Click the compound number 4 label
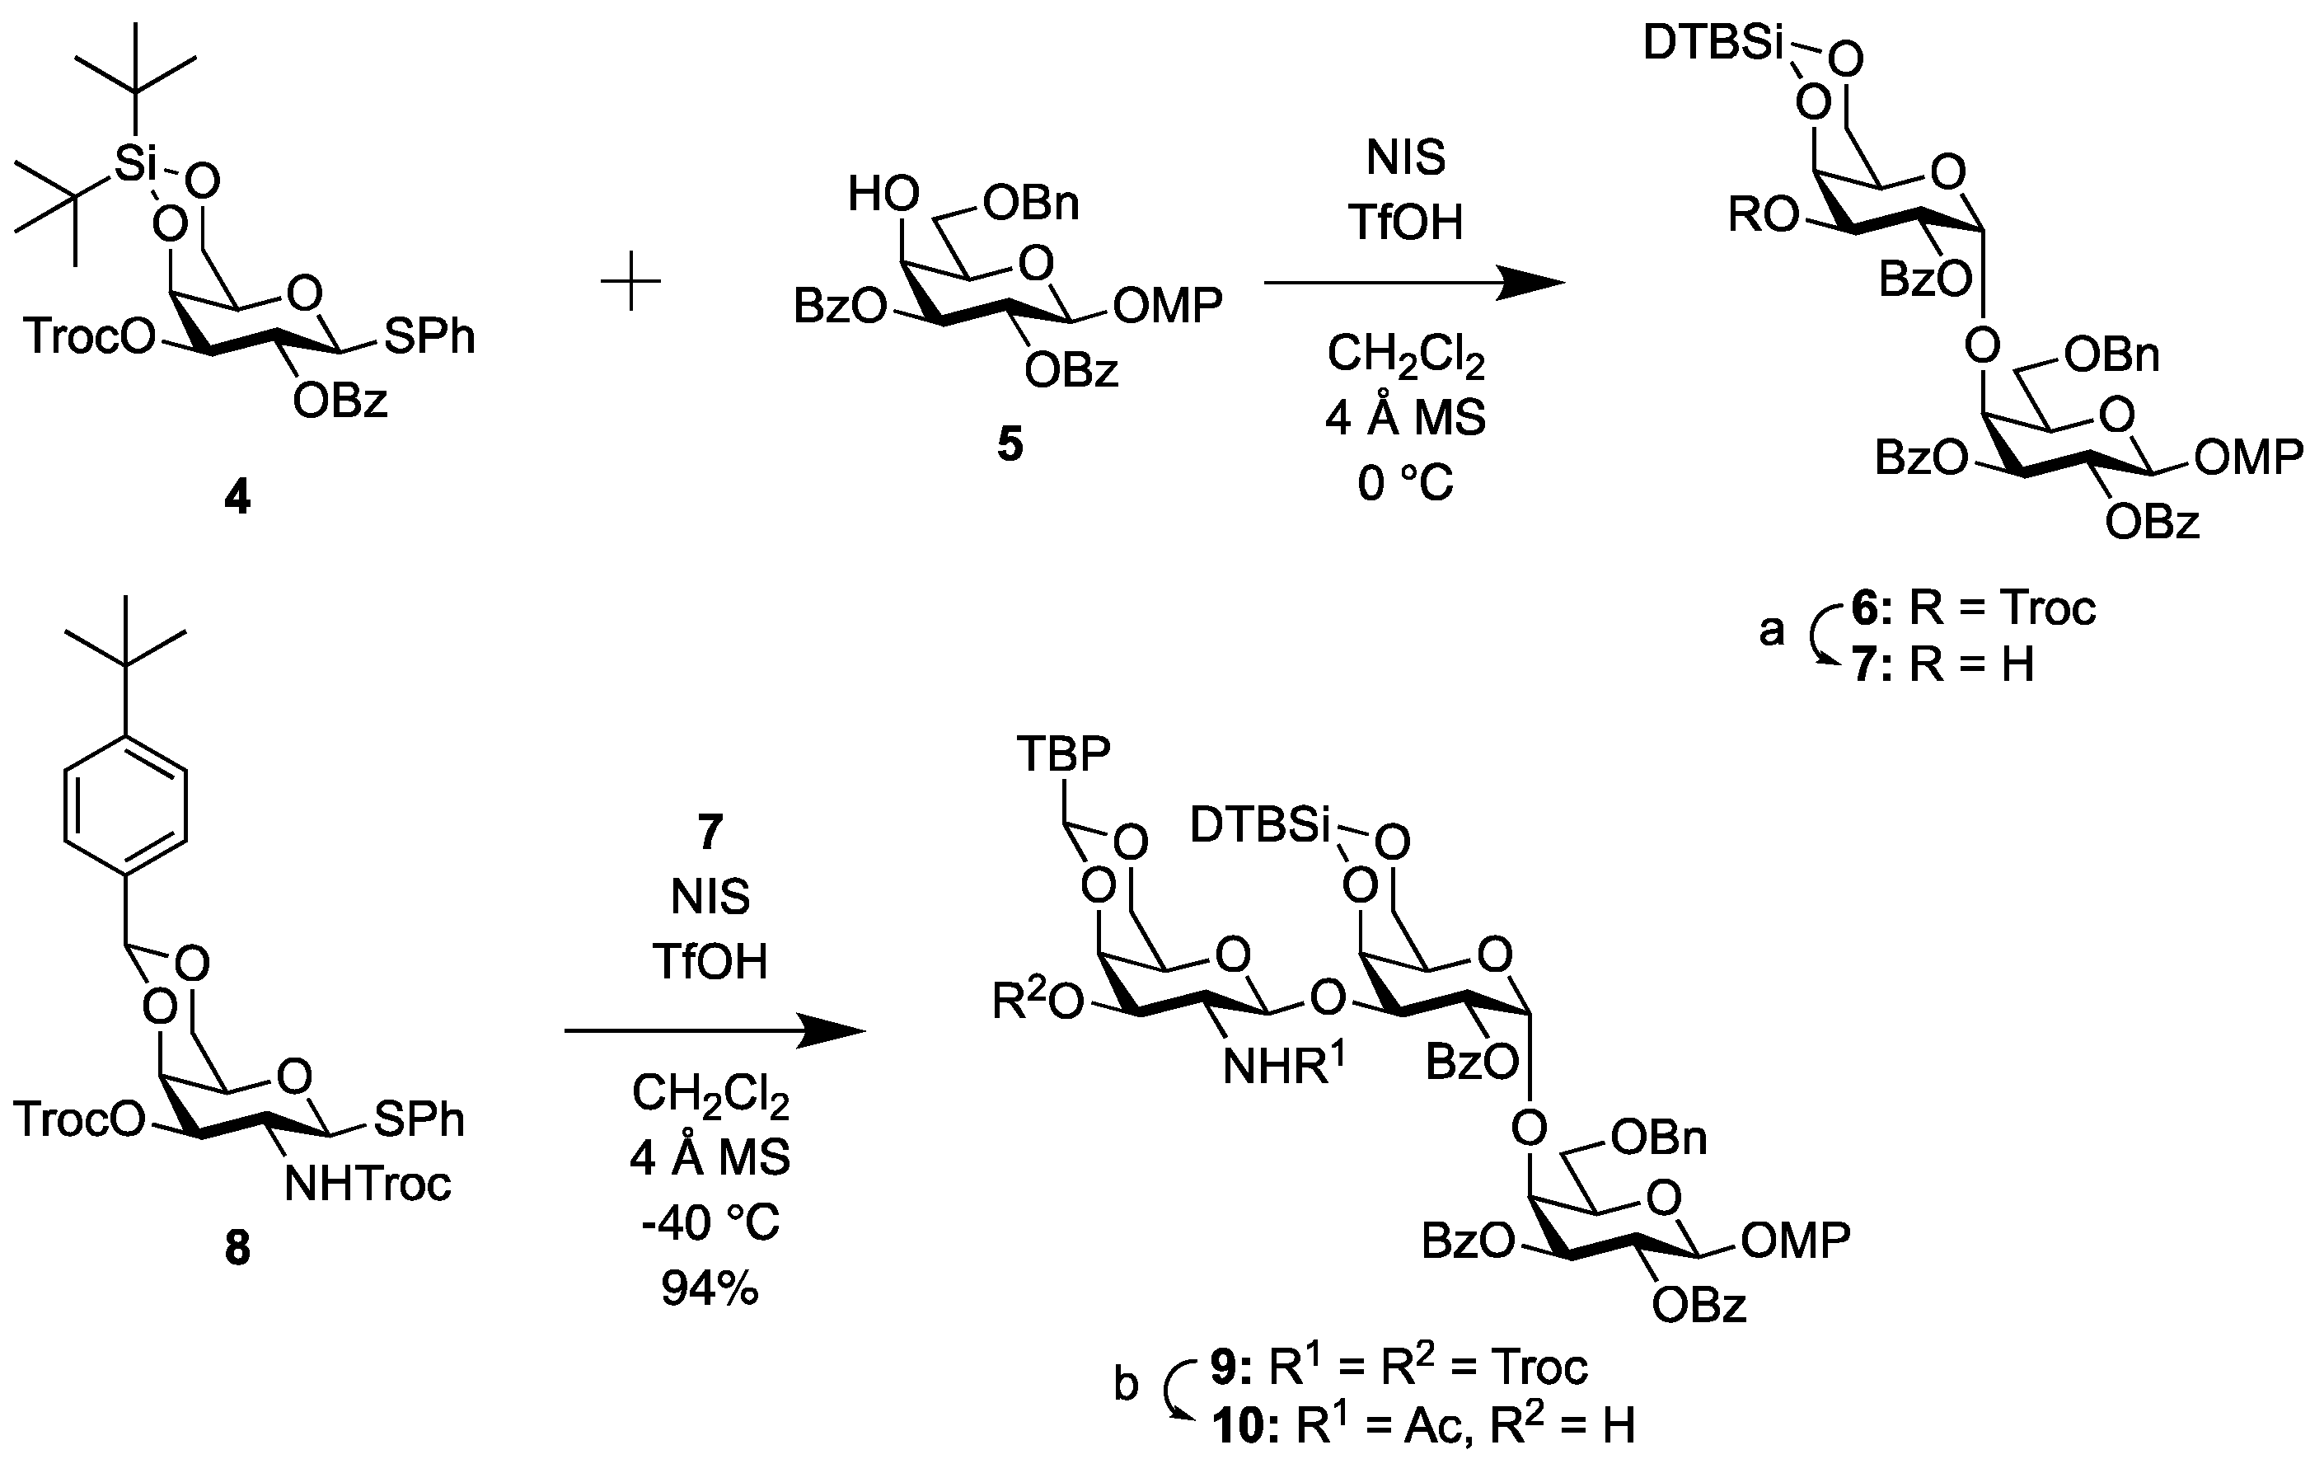[x=237, y=498]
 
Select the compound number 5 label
[x=1010, y=445]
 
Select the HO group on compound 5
[x=883, y=195]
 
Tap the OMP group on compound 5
[x=1168, y=306]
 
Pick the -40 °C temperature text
[x=710, y=1223]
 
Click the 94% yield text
[x=710, y=1290]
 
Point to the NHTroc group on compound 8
[x=368, y=1185]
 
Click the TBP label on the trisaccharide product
[x=1063, y=755]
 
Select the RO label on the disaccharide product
[x=1762, y=217]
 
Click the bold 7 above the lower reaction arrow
[x=710, y=832]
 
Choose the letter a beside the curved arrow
[x=1771, y=631]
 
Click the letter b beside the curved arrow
[x=1127, y=1385]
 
